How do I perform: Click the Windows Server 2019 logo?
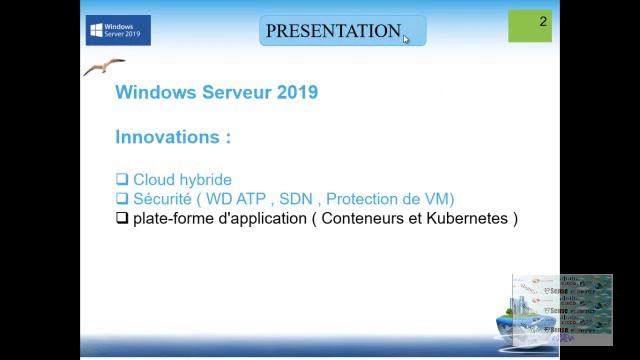118,30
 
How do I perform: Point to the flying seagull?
104,67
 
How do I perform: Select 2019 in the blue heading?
295,92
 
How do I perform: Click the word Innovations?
168,136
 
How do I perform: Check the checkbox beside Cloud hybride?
122,180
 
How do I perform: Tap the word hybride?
206,180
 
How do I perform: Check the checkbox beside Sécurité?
122,199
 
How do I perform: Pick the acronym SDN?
297,199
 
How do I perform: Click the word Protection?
363,199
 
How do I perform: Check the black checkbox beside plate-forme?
122,218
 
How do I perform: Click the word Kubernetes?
466,218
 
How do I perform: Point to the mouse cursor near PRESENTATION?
406,39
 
